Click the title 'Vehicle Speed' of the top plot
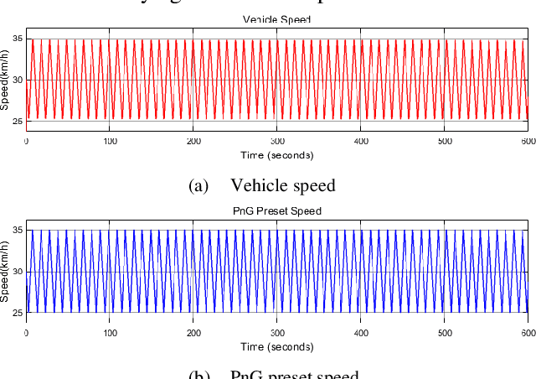[x=276, y=19]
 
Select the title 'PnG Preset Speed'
[x=276, y=211]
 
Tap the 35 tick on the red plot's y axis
[x=17, y=39]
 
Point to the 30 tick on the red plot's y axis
[x=17, y=80]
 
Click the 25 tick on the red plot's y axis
[x=17, y=121]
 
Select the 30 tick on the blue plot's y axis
[x=17, y=272]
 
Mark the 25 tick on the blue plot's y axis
[x=17, y=313]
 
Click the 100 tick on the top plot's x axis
[x=110, y=141]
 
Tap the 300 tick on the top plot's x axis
[x=277, y=141]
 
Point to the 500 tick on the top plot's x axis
[x=445, y=141]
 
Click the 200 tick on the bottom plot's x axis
[x=193, y=333]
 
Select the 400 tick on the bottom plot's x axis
[x=361, y=333]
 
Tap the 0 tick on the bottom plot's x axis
[x=27, y=333]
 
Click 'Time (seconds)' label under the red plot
[x=277, y=155]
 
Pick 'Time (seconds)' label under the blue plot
[x=277, y=346]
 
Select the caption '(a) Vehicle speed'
[x=262, y=185]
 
